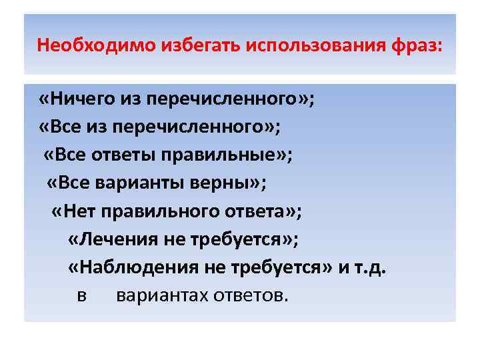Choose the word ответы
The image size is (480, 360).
point(123,155)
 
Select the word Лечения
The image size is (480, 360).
point(119,239)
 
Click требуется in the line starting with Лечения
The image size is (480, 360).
point(246,239)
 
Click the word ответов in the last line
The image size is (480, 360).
point(250,295)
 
